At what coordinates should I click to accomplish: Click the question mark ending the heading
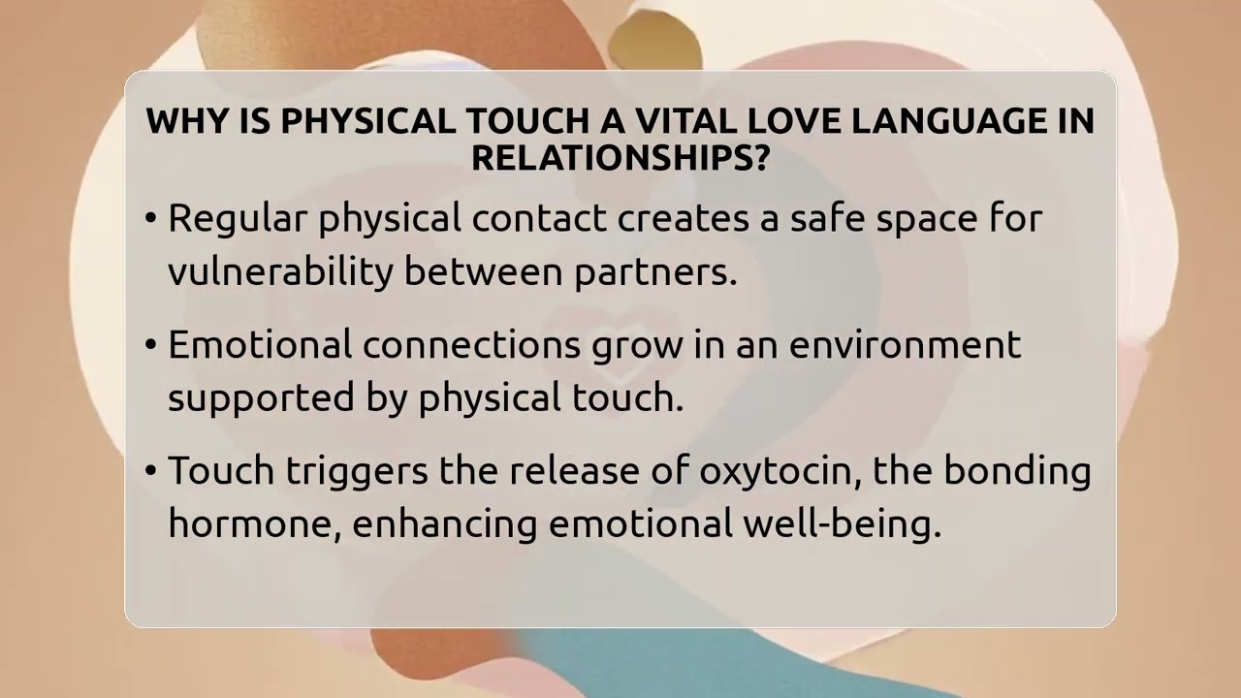coord(759,158)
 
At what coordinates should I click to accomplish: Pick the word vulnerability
coord(280,272)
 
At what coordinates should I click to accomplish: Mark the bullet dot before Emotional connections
coord(150,346)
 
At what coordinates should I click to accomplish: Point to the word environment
coord(905,345)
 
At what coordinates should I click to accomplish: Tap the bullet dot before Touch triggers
coord(150,472)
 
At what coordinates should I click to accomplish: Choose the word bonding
coord(1017,472)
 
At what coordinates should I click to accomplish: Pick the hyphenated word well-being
coord(842,524)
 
